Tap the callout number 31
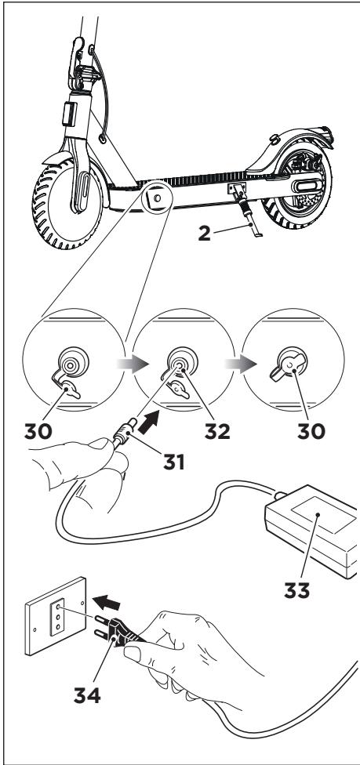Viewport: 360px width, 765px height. [174, 461]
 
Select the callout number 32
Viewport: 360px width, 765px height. [217, 431]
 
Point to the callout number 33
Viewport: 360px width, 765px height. [297, 590]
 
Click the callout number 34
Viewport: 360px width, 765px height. [87, 694]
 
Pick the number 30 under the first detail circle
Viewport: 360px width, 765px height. [38, 431]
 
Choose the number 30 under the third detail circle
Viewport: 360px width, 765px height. [311, 431]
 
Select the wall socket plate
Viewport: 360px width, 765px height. [55, 616]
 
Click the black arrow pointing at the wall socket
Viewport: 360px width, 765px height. [107, 604]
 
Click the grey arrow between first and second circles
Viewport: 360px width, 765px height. [133, 364]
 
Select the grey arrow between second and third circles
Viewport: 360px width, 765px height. [241, 364]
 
